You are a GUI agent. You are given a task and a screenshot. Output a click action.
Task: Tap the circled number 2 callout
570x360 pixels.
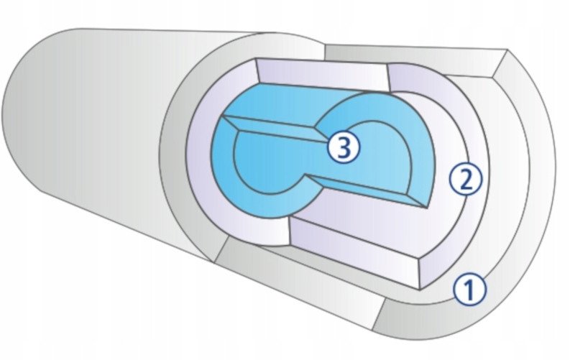click(x=466, y=180)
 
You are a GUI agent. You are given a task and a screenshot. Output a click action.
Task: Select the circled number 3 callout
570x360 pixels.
click(x=344, y=147)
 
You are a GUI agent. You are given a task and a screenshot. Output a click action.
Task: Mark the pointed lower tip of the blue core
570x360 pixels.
click(x=428, y=208)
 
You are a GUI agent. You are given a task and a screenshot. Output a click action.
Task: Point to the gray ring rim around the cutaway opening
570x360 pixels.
click(x=175, y=152)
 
